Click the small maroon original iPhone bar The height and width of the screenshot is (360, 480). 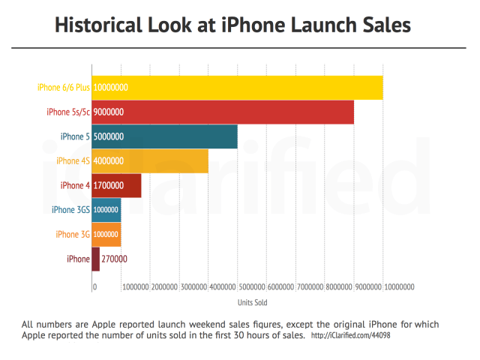point(95,259)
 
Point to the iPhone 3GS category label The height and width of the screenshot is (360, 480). point(70,210)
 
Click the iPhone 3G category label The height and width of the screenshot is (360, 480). point(73,234)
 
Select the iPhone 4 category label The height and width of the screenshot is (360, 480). point(74,185)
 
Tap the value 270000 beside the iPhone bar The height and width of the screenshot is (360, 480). point(114,259)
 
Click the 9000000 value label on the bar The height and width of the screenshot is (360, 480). point(109,112)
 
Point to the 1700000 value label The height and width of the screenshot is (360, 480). point(109,185)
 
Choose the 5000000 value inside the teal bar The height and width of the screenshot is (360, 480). point(109,136)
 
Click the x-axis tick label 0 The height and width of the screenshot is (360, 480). point(94,286)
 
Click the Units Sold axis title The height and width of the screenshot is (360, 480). point(253,303)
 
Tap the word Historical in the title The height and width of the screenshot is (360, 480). point(103,25)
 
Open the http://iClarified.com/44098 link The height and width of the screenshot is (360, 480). point(350,336)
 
